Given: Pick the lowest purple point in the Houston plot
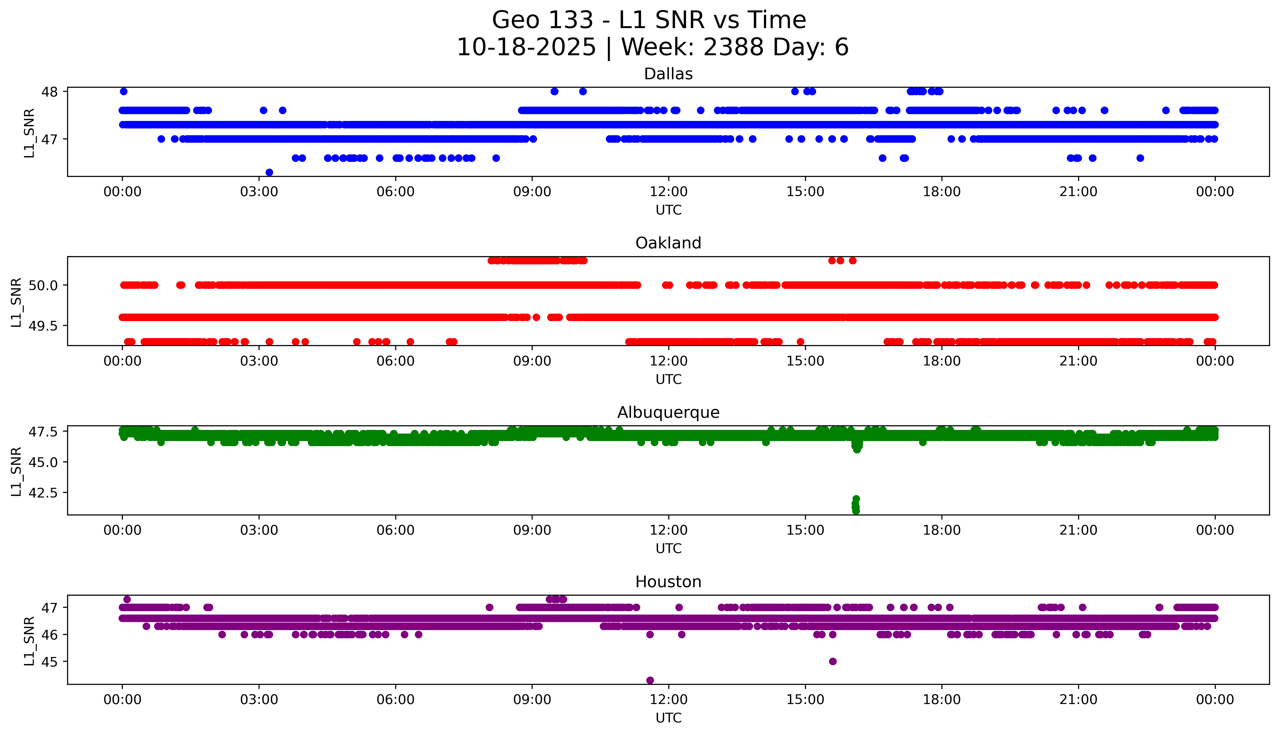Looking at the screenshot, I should [650, 680].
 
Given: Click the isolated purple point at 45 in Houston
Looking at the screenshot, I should [833, 661].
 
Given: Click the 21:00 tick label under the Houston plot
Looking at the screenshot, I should [1078, 700].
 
